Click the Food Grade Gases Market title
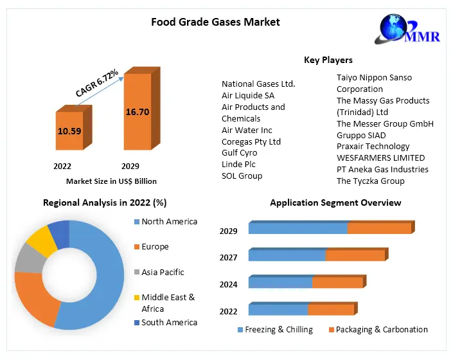pos(215,22)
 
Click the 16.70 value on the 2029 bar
pos(138,112)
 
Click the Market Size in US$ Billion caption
pos(111,181)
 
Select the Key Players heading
pos(328,60)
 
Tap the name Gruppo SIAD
pos(361,135)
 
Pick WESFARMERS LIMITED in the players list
pos(380,157)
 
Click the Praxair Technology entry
pos(373,147)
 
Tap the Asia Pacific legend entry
pos(163,272)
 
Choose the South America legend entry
pos(169,322)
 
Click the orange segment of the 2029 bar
pos(379,228)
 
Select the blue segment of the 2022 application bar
pos(278,309)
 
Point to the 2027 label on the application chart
pos(228,258)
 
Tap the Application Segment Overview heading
pos(335,203)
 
